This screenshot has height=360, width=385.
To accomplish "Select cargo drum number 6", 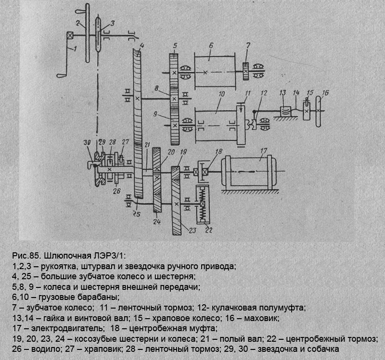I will (x=215, y=72).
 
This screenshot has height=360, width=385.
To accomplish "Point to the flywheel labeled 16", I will (x=318, y=112).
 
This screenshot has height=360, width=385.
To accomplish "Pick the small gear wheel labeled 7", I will (x=245, y=72).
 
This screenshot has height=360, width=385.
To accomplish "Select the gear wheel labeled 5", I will (x=174, y=72).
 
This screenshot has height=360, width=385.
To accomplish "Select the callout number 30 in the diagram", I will (x=87, y=142).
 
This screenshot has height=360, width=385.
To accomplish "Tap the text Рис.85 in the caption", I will (x=23, y=255).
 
